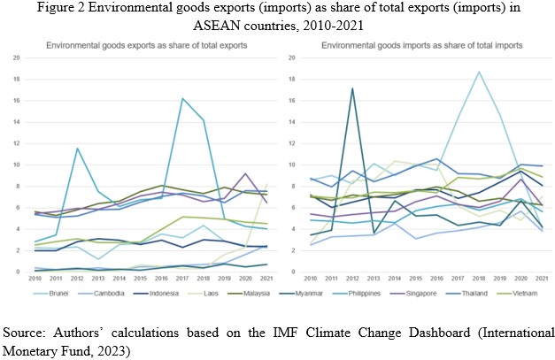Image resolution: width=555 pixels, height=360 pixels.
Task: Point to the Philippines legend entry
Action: click(x=366, y=293)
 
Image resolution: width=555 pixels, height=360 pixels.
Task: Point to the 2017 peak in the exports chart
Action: click(x=181, y=98)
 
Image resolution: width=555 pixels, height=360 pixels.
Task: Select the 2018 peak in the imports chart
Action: click(x=479, y=72)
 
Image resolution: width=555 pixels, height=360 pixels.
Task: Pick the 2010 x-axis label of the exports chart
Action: click(x=35, y=280)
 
